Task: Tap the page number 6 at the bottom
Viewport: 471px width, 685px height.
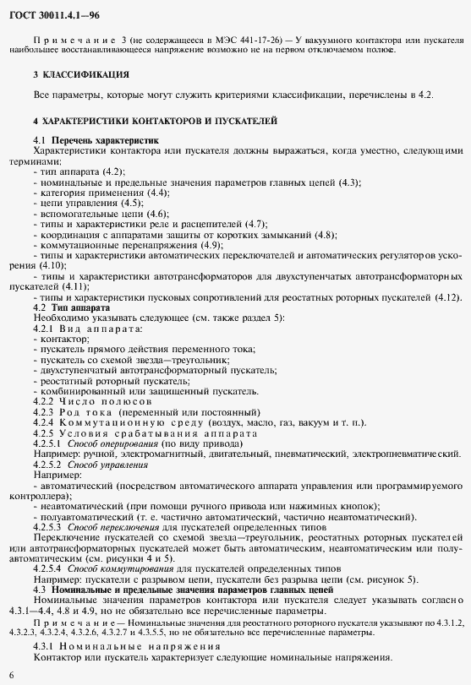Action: (x=11, y=675)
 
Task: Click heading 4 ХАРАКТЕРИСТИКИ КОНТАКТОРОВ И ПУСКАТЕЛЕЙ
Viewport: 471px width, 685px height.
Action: (x=155, y=121)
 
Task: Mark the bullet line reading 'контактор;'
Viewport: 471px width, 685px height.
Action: (x=58, y=337)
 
